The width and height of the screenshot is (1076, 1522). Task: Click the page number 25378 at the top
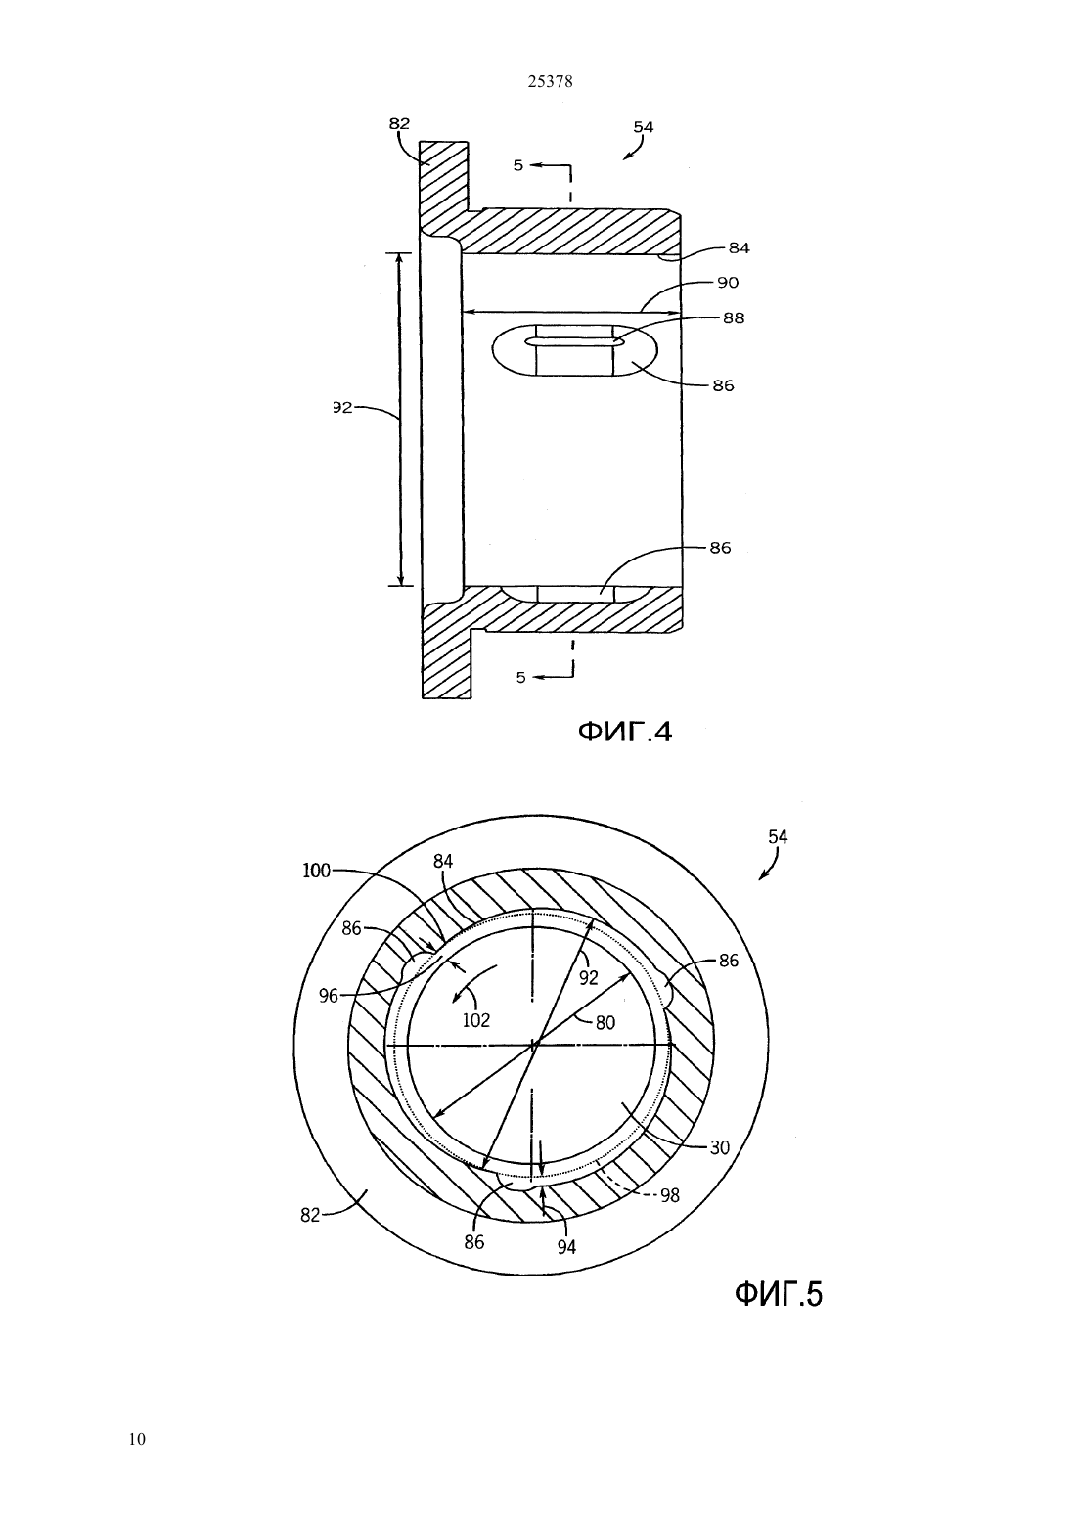point(550,81)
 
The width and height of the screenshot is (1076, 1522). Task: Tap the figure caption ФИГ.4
point(624,731)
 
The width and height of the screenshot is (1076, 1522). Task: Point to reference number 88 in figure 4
point(734,317)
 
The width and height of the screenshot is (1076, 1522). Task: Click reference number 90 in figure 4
point(728,282)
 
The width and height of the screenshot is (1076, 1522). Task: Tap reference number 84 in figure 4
point(740,248)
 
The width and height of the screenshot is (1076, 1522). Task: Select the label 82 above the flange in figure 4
point(399,123)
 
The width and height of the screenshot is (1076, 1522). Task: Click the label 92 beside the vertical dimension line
point(343,408)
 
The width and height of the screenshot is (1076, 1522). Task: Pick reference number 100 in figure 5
point(316,871)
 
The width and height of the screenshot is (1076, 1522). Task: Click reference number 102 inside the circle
point(475,1020)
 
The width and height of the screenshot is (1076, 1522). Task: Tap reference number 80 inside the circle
point(605,1022)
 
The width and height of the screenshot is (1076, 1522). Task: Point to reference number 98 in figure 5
point(670,1195)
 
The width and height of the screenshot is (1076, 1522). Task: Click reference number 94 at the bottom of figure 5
point(566,1247)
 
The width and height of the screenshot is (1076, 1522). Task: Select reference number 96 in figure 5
point(328,996)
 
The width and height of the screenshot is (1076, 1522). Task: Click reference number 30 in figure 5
point(719,1147)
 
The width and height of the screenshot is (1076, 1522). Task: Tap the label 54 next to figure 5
point(778,837)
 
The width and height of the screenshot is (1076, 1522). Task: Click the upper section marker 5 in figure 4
point(518,165)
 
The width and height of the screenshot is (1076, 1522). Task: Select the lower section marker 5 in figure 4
point(521,677)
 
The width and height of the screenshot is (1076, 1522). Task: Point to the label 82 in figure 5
point(310,1216)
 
